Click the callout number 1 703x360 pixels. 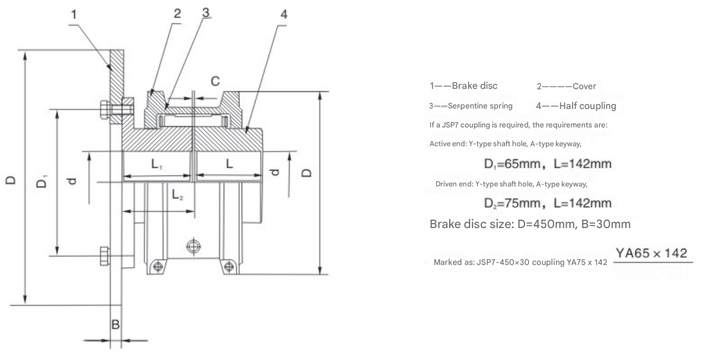click(74, 15)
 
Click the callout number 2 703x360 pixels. click(177, 13)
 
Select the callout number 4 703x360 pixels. click(284, 14)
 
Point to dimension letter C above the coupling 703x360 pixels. click(215, 82)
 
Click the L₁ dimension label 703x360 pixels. click(157, 165)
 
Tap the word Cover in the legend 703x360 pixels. click(584, 86)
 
